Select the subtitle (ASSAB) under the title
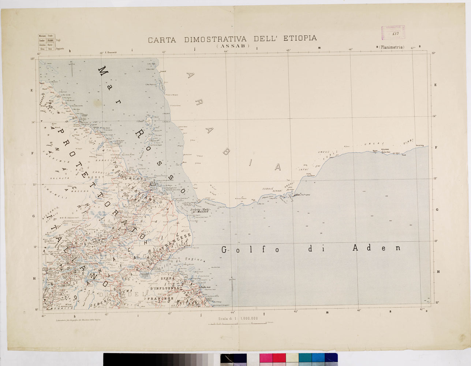233,46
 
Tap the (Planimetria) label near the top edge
392,47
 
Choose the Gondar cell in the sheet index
42,40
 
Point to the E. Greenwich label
110,52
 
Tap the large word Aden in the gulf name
376,248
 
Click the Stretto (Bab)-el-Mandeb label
199,210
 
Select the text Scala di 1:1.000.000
238,318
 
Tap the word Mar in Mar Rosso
107,85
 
